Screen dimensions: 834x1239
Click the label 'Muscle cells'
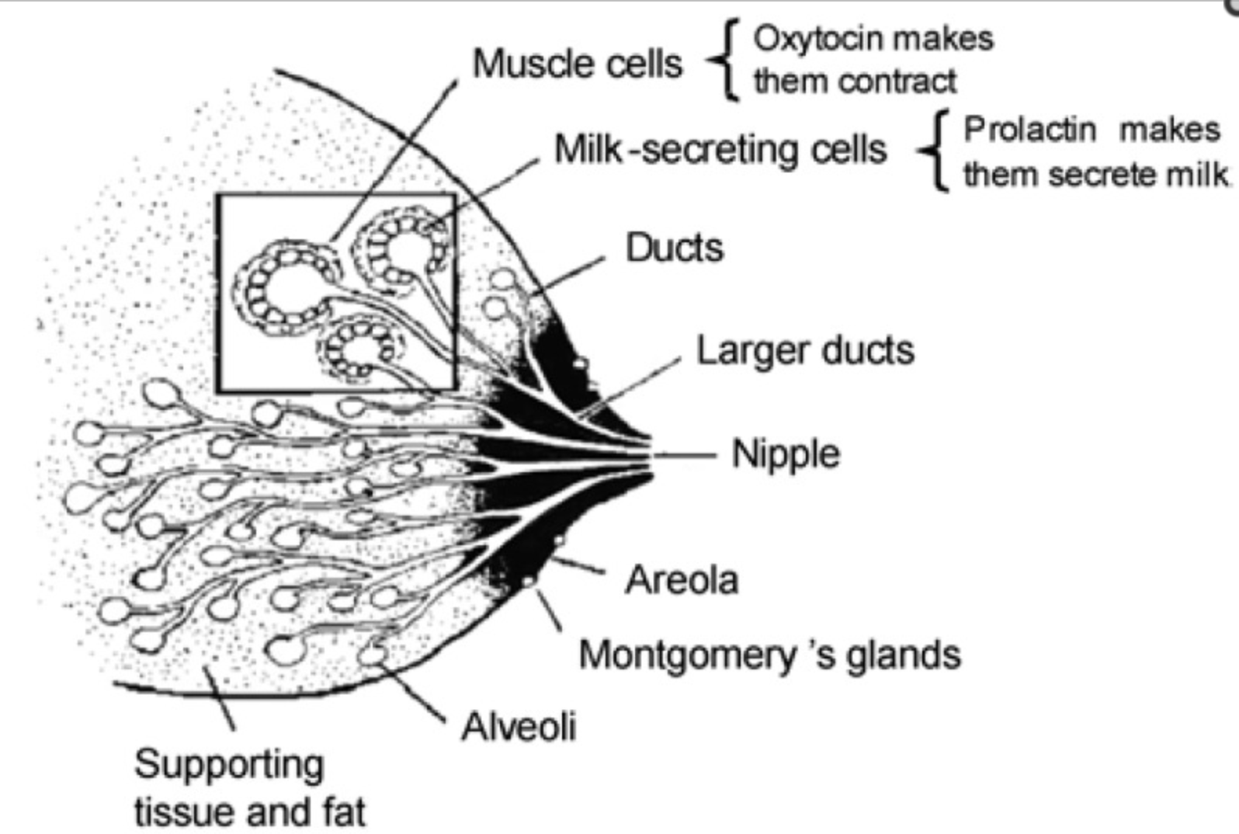(578, 64)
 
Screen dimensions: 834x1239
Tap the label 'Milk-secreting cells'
(720, 149)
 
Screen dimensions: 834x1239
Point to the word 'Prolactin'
(1029, 130)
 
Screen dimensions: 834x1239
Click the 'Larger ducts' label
(805, 351)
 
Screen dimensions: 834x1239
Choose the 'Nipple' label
(786, 454)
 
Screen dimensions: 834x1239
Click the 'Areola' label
(682, 580)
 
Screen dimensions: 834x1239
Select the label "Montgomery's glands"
(769, 655)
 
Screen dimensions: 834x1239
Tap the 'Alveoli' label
(519, 727)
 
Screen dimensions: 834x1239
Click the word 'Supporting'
(229, 764)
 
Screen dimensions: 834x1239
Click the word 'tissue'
(182, 812)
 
